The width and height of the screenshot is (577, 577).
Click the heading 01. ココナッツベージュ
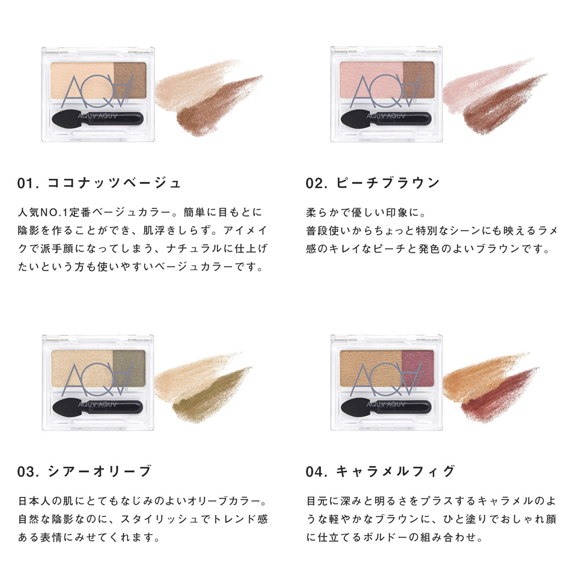pos(99,183)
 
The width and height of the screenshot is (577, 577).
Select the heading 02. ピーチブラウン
pos(373,183)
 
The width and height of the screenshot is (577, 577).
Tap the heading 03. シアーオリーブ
pos(84,471)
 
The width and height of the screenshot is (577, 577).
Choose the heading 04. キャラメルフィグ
pos(380,471)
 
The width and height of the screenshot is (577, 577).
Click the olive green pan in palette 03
pos(129,368)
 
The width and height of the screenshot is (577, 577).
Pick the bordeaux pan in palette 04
pos(418,368)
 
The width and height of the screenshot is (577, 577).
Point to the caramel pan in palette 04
pos(371,368)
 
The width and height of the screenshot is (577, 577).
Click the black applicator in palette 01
pos(98,118)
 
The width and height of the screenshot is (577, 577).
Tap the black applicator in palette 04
pos(386,406)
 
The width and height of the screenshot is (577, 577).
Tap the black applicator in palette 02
pos(386,118)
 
